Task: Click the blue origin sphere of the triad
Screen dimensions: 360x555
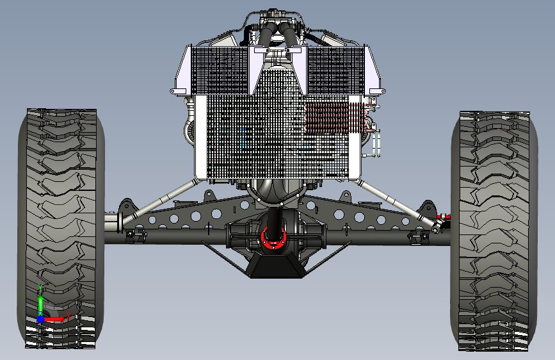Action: point(40,318)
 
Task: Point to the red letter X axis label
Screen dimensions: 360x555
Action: point(67,315)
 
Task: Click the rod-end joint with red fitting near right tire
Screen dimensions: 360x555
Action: point(441,224)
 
